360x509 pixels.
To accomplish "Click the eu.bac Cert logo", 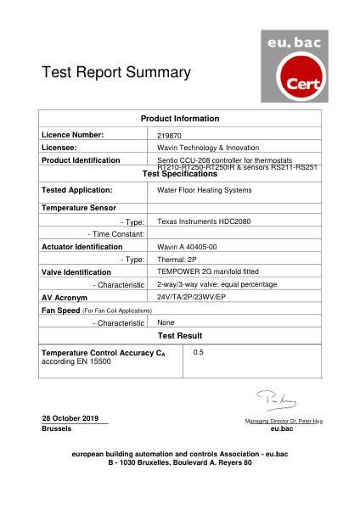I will tap(293, 65).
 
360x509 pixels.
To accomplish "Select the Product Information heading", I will tap(179, 119).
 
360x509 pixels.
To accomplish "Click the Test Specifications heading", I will tap(179, 174).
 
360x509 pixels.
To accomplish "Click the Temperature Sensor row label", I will tap(79, 208).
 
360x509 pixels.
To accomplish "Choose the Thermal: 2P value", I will tap(177, 260).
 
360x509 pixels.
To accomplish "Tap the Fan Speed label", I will tap(60, 311).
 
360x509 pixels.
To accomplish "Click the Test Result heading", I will tap(179, 336).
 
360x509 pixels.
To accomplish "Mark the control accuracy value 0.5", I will tap(199, 351).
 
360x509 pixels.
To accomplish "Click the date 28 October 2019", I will tap(70, 418).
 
